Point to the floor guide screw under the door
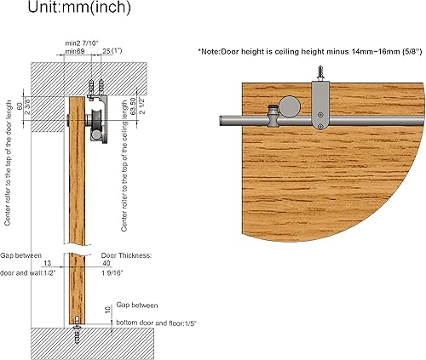click(78, 324)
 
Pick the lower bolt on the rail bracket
click(319, 126)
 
